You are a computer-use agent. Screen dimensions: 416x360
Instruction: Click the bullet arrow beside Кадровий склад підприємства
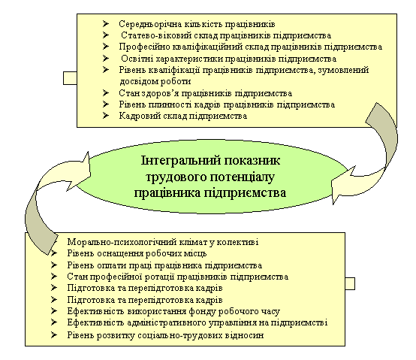click(x=106, y=116)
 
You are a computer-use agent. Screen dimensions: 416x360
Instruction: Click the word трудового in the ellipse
click(x=176, y=177)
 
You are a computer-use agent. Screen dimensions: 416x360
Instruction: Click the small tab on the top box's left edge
click(x=70, y=78)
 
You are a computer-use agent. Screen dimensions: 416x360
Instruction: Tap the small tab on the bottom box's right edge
click(x=350, y=283)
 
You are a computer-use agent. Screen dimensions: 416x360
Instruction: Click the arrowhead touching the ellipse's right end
click(x=342, y=185)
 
